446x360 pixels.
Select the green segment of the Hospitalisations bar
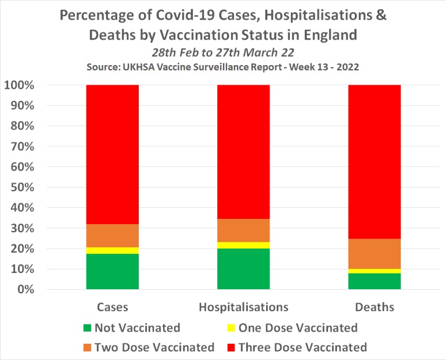[x=243, y=268]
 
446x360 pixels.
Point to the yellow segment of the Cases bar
[x=112, y=250]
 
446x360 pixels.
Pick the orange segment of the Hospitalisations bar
[x=243, y=230]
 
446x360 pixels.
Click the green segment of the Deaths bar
[x=374, y=281]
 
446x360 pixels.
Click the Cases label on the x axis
[x=113, y=307]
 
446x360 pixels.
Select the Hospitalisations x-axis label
[x=243, y=307]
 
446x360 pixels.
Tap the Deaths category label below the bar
[x=374, y=307]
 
